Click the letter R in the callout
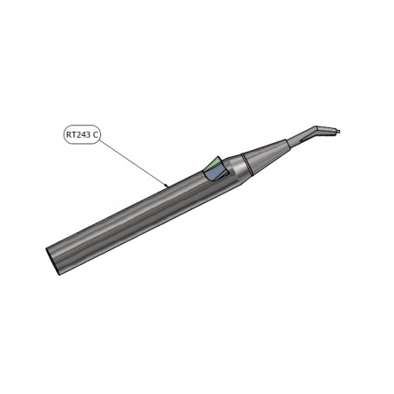click(69, 134)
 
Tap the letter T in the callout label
click(73, 134)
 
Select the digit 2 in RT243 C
click(78, 134)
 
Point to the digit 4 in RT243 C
click(82, 134)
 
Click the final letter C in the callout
click(95, 134)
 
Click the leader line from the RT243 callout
click(132, 162)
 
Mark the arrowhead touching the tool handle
click(166, 185)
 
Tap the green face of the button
click(212, 164)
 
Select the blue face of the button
click(214, 174)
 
